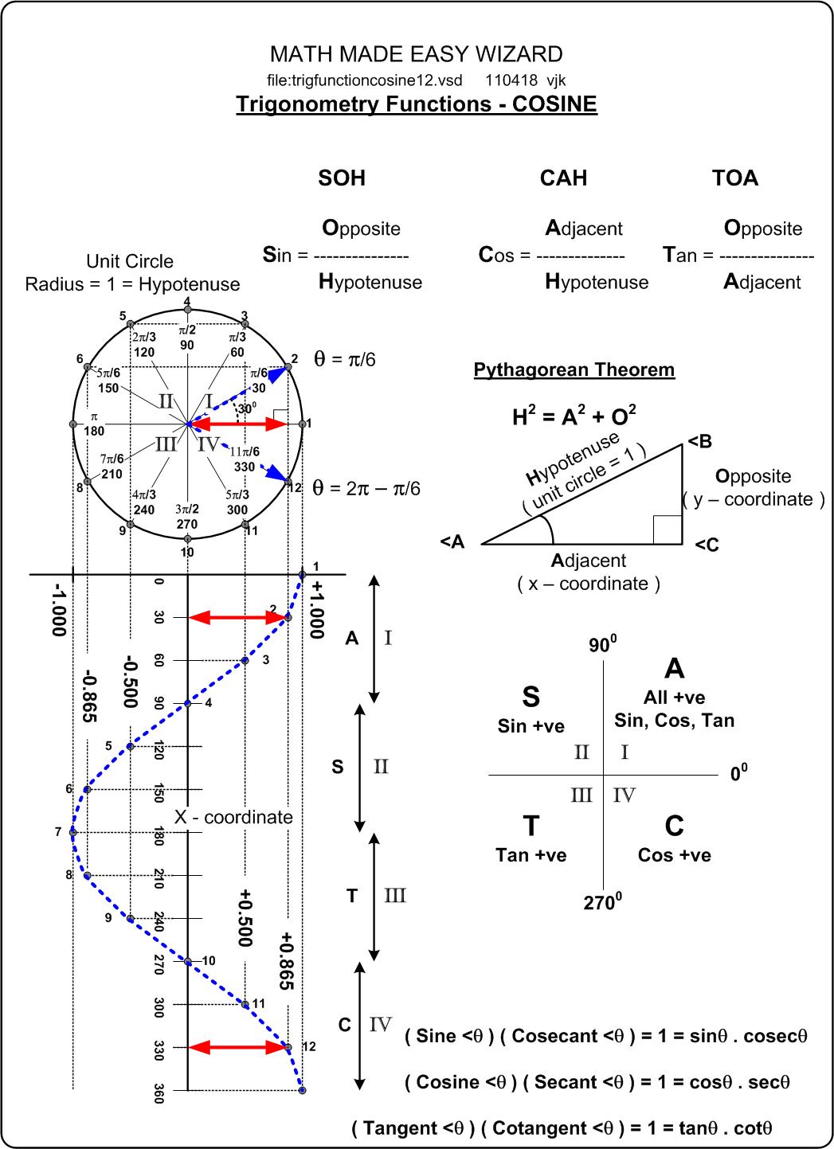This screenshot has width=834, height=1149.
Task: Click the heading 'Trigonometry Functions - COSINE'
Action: pyautogui.click(x=416, y=104)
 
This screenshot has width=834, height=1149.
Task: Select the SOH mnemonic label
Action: pyautogui.click(x=342, y=178)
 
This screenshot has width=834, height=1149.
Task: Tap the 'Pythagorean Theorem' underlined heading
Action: pyautogui.click(x=574, y=370)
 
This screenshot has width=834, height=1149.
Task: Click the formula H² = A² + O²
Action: pyautogui.click(x=574, y=415)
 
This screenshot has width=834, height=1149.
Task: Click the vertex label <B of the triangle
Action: pyautogui.click(x=699, y=441)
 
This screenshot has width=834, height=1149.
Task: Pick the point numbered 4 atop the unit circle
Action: pyautogui.click(x=187, y=309)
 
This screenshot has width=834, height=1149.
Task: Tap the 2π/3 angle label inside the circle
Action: pyautogui.click(x=144, y=338)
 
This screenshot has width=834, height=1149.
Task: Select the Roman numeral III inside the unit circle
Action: pyautogui.click(x=166, y=444)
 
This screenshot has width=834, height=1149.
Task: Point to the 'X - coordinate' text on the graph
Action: pyautogui.click(x=233, y=817)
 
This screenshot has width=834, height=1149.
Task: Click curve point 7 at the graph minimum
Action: pyautogui.click(x=72, y=833)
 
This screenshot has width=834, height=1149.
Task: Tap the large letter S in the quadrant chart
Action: pyautogui.click(x=531, y=697)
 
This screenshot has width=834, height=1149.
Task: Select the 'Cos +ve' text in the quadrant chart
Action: pyautogui.click(x=674, y=855)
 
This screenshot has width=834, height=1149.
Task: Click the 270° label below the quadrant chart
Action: pyautogui.click(x=603, y=902)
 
